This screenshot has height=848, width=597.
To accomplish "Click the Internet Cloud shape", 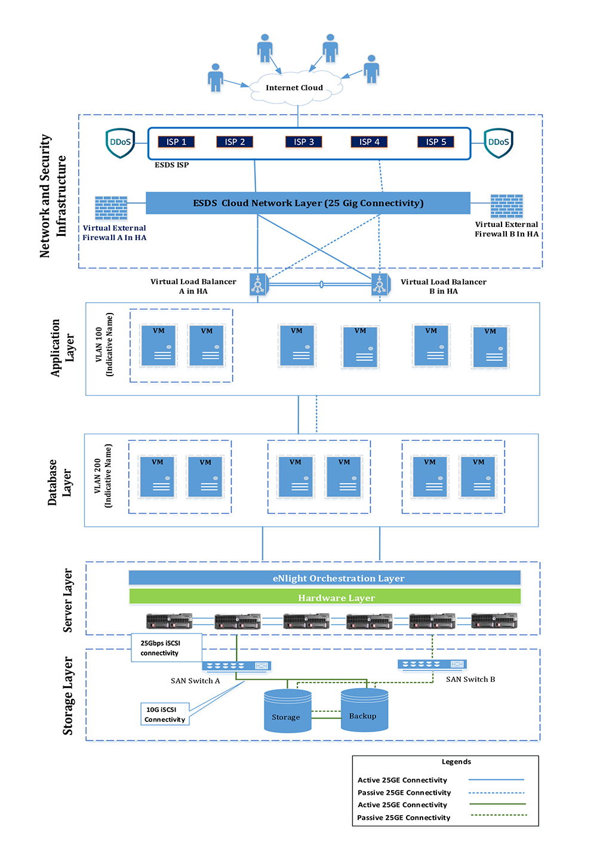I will pyautogui.click(x=295, y=88).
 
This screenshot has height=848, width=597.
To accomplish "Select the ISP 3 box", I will pyautogui.click(x=304, y=142).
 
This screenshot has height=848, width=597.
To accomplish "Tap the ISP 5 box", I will pyautogui.click(x=436, y=142).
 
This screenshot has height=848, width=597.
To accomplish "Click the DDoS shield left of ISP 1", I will pyautogui.click(x=120, y=143).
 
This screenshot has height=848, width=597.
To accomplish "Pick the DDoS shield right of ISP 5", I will pyautogui.click(x=498, y=143).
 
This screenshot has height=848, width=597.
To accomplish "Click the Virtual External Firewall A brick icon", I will pyautogui.click(x=111, y=208).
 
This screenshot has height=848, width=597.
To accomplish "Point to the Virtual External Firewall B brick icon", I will pyautogui.click(x=506, y=206).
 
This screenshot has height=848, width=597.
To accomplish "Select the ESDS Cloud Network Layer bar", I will pyautogui.click(x=308, y=203).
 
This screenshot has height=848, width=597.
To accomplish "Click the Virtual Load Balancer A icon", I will pyautogui.click(x=259, y=284).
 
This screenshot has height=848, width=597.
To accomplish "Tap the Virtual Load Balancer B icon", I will pyautogui.click(x=380, y=284).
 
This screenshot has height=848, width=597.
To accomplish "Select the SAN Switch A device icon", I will pyautogui.click(x=236, y=666).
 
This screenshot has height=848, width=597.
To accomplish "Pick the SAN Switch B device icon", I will pyautogui.click(x=432, y=664).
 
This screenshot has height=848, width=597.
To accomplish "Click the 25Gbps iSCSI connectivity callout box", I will pyautogui.click(x=166, y=648).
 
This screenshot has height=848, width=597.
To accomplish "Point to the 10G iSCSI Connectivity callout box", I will pyautogui.click(x=165, y=714).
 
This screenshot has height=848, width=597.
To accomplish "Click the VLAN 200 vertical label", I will pyautogui.click(x=103, y=476).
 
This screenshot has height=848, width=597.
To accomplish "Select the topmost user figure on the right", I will pyautogui.click(x=330, y=48).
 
